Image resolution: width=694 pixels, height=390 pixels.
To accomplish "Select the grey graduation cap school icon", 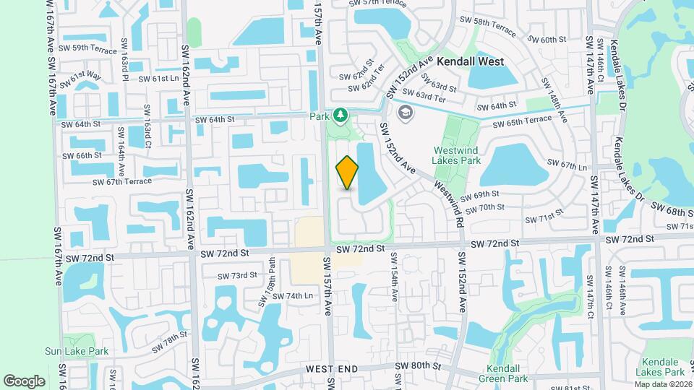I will [405, 112].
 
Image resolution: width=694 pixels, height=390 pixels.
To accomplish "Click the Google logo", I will [24, 381].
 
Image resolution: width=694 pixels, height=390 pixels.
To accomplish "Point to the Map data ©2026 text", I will [664, 383].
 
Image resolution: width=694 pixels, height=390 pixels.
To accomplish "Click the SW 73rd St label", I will [238, 275].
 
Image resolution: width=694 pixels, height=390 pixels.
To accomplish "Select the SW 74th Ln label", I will [288, 295].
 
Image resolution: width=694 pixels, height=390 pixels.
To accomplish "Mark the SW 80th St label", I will [418, 366].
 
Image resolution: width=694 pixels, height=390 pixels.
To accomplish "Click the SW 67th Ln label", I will [567, 168].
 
